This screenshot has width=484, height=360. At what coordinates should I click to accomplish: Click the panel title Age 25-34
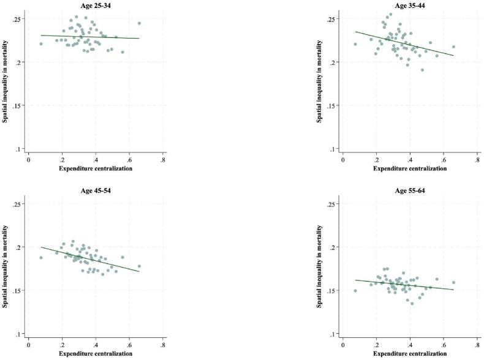pos(96,6)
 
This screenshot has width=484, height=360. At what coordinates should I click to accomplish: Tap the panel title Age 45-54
pos(96,190)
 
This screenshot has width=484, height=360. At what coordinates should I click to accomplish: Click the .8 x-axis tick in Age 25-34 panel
pos(162,159)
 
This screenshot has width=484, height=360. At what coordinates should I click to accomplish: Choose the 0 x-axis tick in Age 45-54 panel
pos(29,344)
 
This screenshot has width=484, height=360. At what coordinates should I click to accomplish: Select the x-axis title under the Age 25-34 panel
pos(96,168)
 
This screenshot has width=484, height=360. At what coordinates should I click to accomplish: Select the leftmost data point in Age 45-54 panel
pos(41,258)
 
